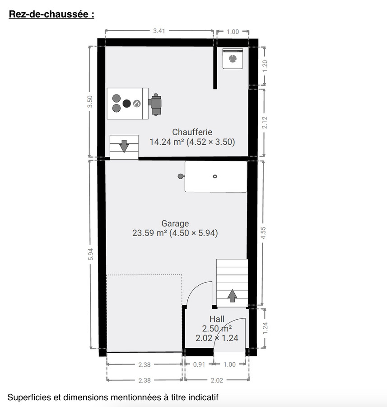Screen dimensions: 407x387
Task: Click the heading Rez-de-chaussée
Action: (51, 14)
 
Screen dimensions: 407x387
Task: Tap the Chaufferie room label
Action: (192, 132)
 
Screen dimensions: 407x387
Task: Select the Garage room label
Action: (175, 223)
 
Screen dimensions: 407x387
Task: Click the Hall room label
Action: (217, 319)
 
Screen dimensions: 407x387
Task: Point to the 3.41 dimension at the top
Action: (159, 31)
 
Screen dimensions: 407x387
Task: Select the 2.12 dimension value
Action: (265, 123)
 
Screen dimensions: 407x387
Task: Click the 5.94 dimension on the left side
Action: (90, 255)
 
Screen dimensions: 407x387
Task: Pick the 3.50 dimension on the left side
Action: (90, 101)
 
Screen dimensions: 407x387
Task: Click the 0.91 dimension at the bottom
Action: (199, 364)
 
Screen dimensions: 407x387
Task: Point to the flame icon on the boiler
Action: (137, 104)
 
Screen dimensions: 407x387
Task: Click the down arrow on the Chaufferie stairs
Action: (124, 146)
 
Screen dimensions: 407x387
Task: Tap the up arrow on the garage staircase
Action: (232, 295)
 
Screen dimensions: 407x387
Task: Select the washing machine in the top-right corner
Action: (233, 59)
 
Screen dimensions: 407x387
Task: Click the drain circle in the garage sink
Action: (215, 176)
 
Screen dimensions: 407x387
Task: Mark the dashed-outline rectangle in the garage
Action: (144, 312)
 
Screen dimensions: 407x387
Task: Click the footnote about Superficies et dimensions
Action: (113, 398)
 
